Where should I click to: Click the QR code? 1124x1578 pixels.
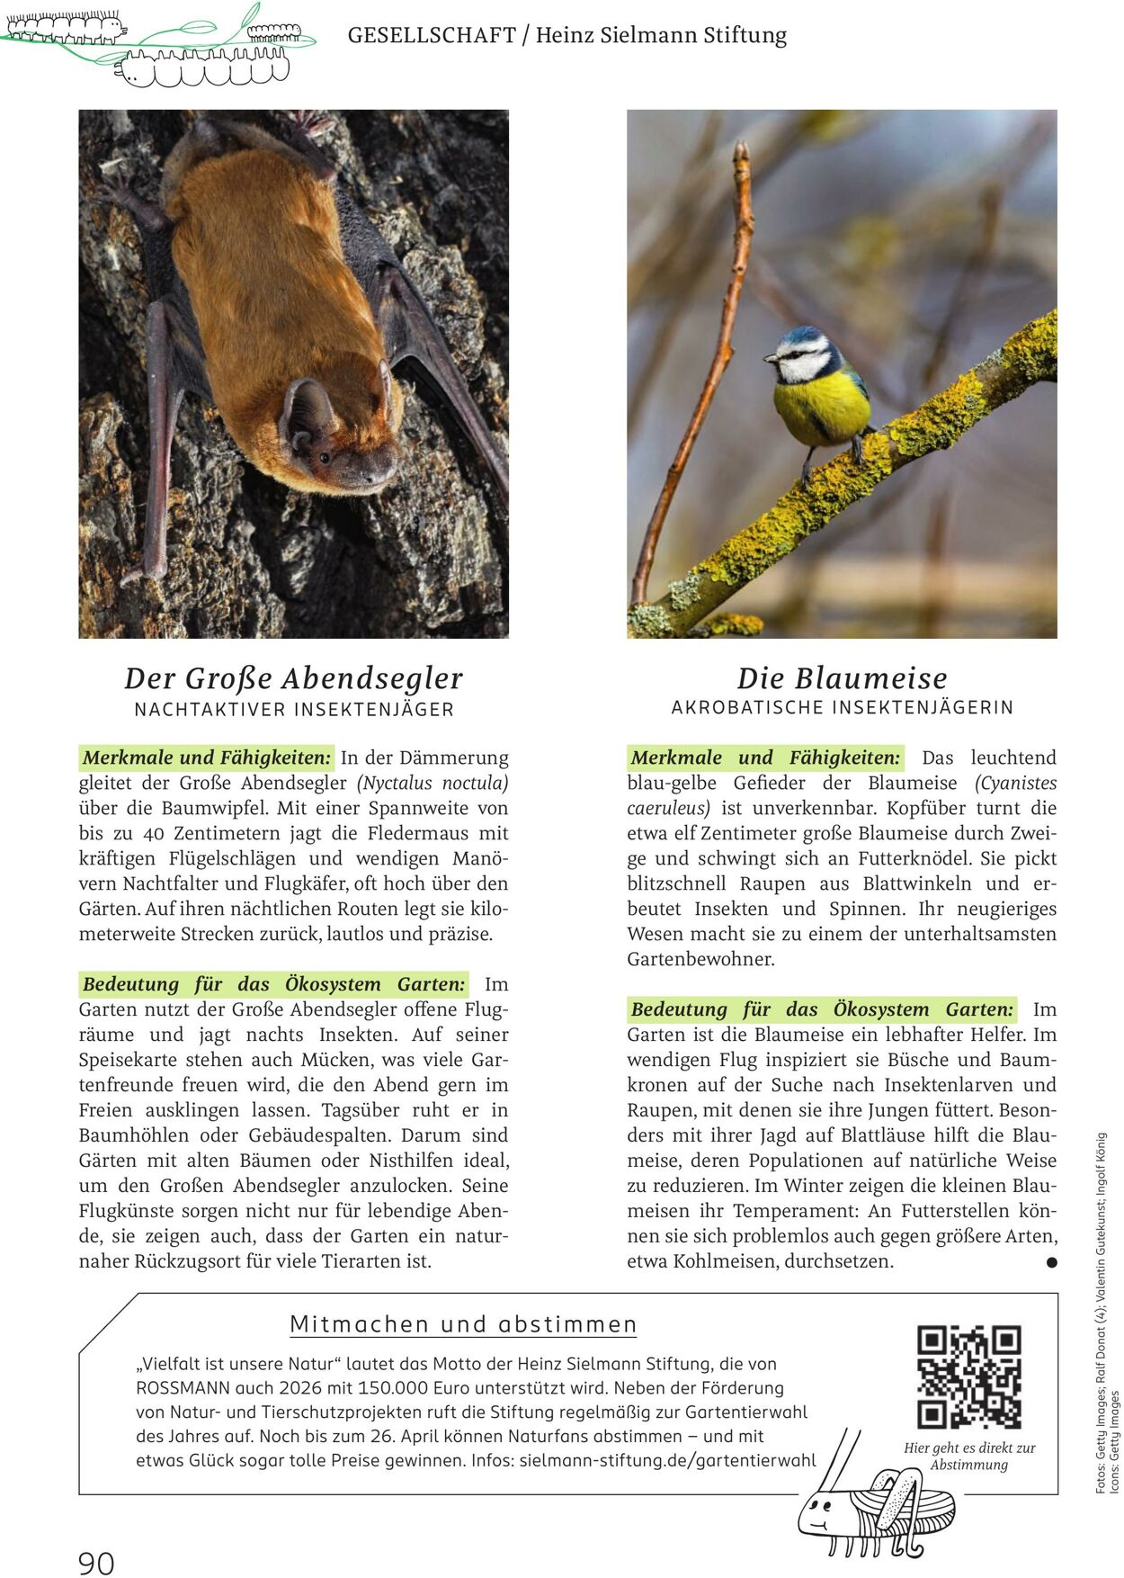coord(968,1376)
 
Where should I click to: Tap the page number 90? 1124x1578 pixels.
coord(96,1563)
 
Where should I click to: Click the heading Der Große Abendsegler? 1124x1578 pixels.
coord(293,678)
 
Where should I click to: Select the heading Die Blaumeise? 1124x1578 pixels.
coord(842,678)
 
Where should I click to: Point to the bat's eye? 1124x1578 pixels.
coord(325,457)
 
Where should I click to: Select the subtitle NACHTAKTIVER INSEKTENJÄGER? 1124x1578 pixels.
coord(294,710)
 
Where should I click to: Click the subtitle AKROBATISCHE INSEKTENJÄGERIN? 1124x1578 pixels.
coord(842,708)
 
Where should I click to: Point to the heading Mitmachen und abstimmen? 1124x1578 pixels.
coord(463,1324)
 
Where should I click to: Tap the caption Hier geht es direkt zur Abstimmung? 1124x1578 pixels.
coord(969,1457)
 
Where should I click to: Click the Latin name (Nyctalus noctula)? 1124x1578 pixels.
coord(433,783)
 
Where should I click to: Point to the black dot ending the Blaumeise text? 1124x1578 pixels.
coord(1051,1262)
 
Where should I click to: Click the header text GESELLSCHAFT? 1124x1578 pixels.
coord(431,35)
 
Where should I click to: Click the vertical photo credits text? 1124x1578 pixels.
coord(1107,1314)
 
